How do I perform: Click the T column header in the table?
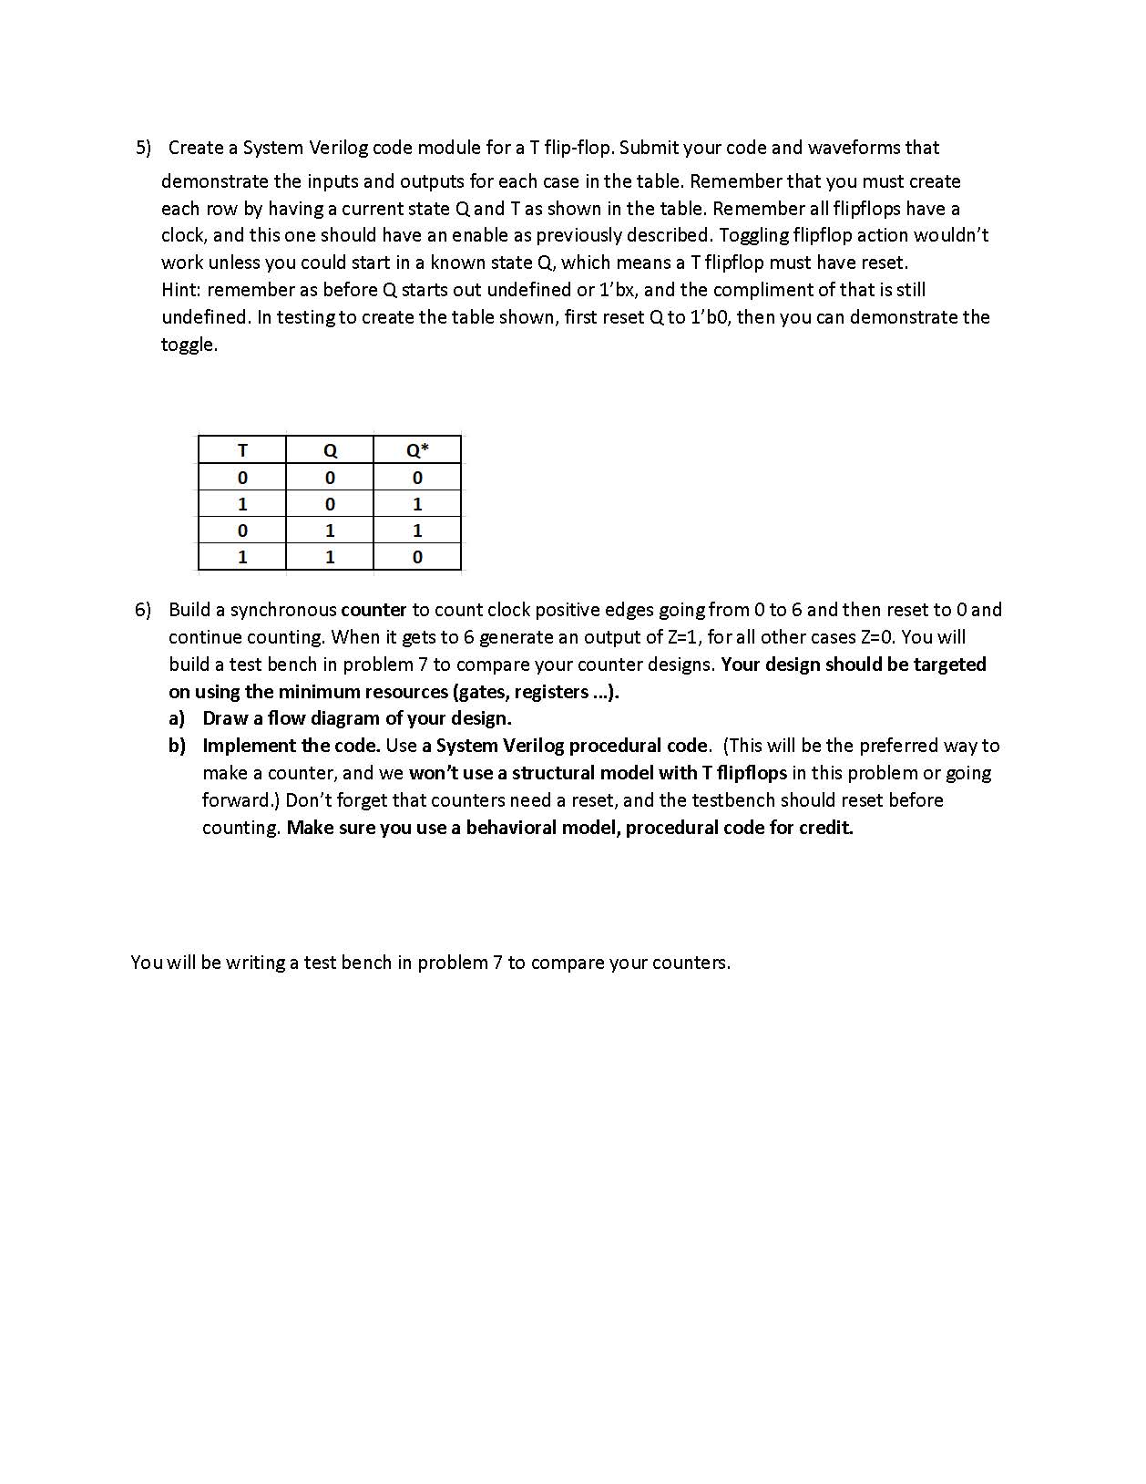241,450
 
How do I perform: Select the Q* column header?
417,450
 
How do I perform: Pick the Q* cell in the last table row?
417,557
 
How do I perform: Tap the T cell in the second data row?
241,504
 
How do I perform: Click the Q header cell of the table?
330,450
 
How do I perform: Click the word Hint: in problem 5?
181,290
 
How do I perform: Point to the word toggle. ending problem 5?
189,345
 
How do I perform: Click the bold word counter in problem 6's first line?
373,610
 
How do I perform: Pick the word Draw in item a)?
224,718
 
